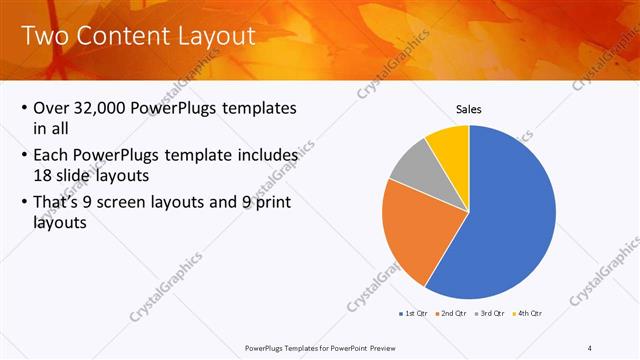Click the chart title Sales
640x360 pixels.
[468, 109]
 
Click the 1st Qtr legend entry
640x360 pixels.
[415, 314]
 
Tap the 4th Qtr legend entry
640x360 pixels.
[527, 314]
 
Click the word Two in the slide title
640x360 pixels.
[44, 37]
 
